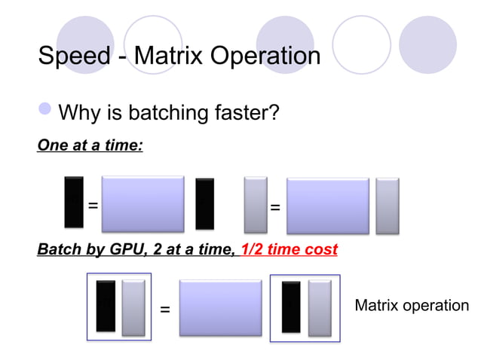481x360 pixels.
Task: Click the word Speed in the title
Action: click(73, 56)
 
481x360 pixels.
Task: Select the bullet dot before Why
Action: click(46, 113)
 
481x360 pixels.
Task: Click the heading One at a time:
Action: click(90, 145)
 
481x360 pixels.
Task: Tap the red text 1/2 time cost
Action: click(289, 249)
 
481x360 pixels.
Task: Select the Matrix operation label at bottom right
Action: click(411, 305)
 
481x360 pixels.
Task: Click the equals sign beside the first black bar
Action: click(93, 206)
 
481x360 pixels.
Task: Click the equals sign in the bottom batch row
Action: click(165, 310)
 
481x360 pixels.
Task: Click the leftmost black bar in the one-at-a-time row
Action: click(74, 202)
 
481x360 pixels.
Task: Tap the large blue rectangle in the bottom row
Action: click(220, 307)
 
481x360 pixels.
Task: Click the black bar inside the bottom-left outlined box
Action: click(106, 306)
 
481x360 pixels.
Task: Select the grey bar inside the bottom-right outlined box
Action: click(320, 307)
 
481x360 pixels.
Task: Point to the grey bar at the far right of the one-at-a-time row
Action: click(388, 205)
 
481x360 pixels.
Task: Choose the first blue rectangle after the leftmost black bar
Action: click(142, 204)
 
